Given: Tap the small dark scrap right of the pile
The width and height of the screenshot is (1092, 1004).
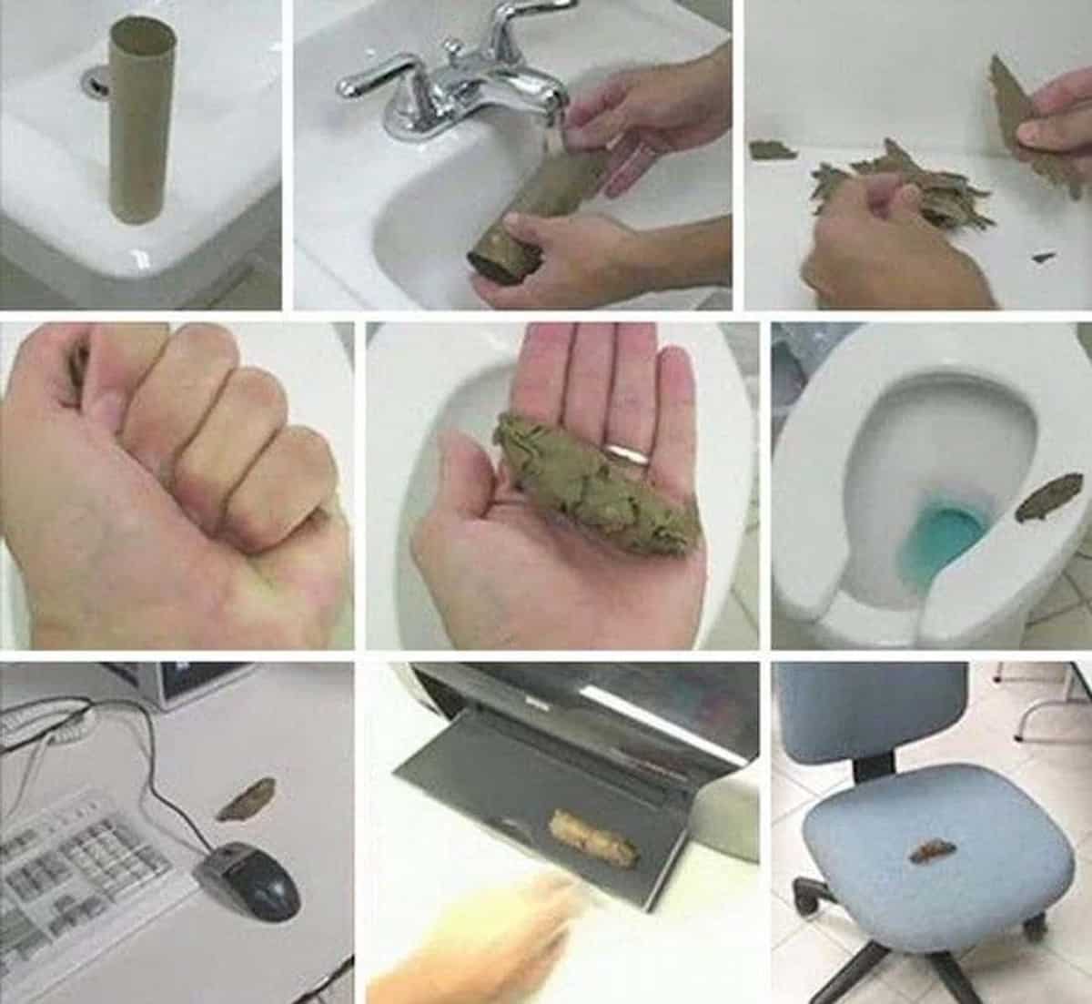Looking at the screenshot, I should click(x=1043, y=258).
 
